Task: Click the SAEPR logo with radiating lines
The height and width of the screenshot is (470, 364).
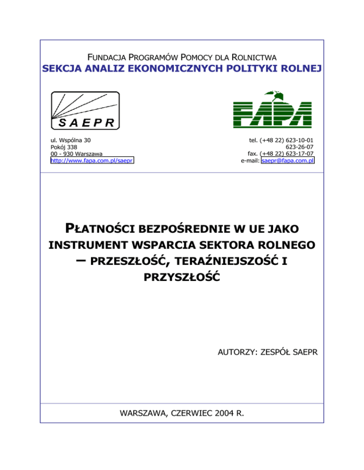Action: (x=85, y=110)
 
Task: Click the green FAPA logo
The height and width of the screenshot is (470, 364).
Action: (x=273, y=110)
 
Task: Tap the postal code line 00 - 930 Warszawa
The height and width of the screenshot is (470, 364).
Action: (x=78, y=154)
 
